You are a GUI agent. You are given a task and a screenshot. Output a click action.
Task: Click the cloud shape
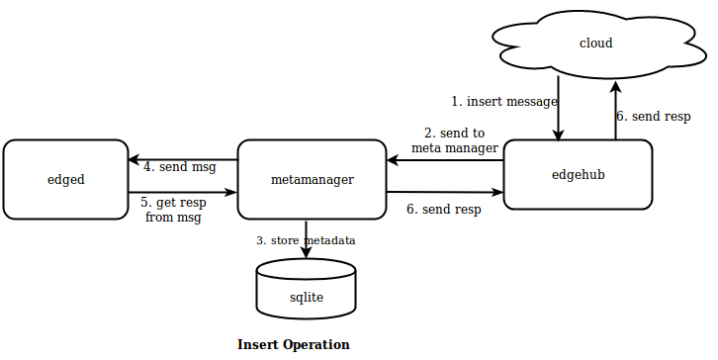pyautogui.click(x=595, y=44)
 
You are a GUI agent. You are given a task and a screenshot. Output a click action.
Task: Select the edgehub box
pyautogui.click(x=578, y=175)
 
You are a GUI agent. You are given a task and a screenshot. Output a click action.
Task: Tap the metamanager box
pyautogui.click(x=312, y=179)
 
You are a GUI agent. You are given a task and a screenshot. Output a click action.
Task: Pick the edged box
pyautogui.click(x=65, y=179)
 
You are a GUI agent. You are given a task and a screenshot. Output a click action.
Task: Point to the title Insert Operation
pyautogui.click(x=294, y=345)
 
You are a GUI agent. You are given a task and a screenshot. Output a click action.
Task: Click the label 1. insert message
pyautogui.click(x=504, y=101)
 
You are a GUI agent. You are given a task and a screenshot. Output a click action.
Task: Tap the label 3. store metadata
pyautogui.click(x=306, y=240)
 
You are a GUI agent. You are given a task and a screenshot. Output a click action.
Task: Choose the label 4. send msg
pyautogui.click(x=180, y=167)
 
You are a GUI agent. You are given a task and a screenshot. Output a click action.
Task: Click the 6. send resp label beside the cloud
pyautogui.click(x=653, y=116)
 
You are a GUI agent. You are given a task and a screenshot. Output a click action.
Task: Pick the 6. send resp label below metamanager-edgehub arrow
pyautogui.click(x=444, y=210)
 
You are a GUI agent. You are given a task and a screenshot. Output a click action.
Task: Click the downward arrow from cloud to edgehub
pyautogui.click(x=560, y=109)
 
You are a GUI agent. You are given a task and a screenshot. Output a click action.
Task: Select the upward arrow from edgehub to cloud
pyautogui.click(x=615, y=109)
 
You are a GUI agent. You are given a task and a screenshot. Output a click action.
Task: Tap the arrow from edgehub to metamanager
pyautogui.click(x=445, y=159)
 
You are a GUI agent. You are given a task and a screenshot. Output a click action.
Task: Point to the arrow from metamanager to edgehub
pyautogui.click(x=445, y=193)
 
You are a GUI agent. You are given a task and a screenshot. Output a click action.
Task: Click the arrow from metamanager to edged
pyautogui.click(x=183, y=159)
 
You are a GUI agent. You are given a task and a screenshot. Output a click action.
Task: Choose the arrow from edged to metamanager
pyautogui.click(x=183, y=193)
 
